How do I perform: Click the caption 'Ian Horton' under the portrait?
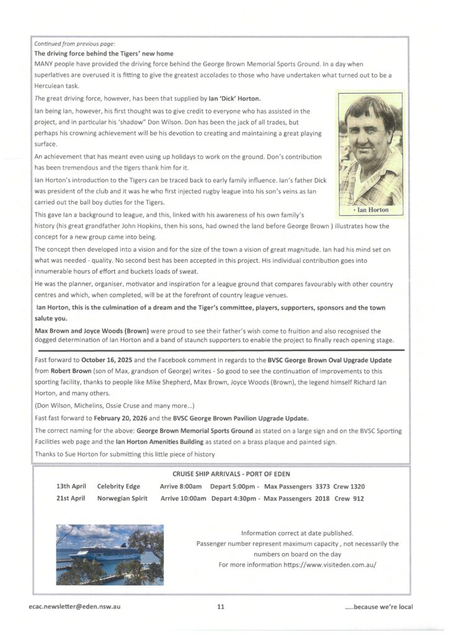[372, 210]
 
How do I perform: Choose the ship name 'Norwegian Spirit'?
[122, 499]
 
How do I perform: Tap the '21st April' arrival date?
[71, 499]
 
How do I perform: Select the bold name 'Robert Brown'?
[73, 371]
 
